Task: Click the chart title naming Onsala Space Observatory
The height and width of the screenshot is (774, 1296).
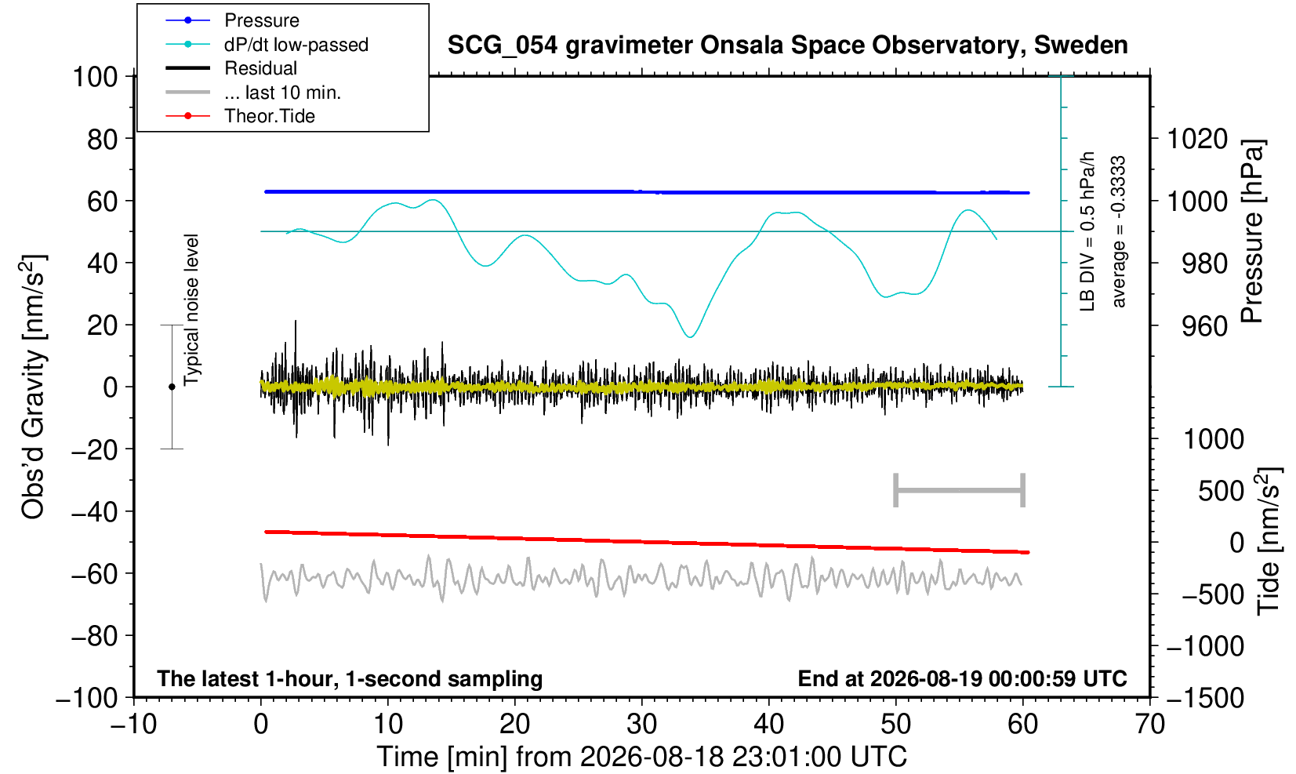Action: pos(787,45)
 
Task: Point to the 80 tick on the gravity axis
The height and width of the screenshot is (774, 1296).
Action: pos(103,139)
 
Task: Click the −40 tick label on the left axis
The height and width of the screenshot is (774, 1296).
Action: pos(94,511)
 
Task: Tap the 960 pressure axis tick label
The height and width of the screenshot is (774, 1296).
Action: pos(1204,326)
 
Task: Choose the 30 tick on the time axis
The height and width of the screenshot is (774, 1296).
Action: pos(641,724)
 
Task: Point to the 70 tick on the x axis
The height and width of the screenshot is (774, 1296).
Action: pos(1149,724)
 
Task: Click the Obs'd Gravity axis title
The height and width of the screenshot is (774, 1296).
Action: pos(33,387)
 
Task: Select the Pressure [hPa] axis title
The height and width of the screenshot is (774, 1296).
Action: pos(1253,231)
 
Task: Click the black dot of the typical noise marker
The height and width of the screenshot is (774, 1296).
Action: pos(172,387)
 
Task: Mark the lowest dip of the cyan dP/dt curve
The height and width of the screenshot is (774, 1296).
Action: pos(690,337)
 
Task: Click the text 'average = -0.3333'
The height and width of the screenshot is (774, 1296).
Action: pos(1119,231)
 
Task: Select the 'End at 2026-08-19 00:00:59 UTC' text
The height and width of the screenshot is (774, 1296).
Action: pos(962,678)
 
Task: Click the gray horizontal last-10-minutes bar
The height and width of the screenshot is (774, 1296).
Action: pos(960,490)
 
